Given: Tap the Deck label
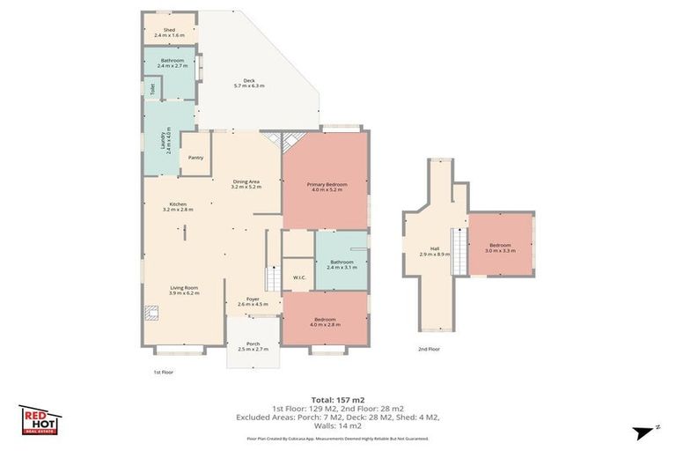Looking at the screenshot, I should point(249,83).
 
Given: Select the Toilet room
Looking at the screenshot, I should point(153,88).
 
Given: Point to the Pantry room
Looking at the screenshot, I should point(195,158).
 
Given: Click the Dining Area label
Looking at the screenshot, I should point(245,183).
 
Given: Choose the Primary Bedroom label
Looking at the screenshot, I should point(327,187).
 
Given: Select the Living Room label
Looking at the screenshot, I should point(184,290).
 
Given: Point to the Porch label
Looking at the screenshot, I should point(253,346).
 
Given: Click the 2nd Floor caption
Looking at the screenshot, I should point(429,349).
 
